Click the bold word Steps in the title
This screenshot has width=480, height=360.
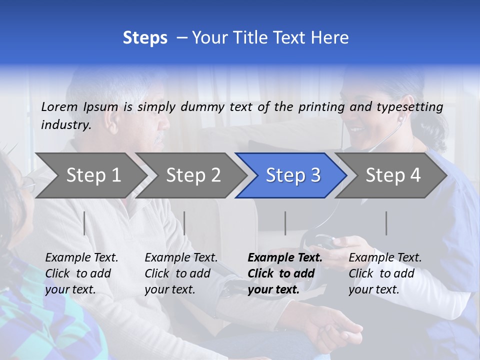tap(145, 37)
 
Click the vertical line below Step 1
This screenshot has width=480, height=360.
tap(84, 223)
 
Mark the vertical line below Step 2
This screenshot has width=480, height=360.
tap(184, 223)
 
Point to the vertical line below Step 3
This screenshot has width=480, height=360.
tap(285, 223)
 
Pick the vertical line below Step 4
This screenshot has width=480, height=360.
tap(386, 223)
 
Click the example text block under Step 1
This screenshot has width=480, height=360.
tap(81, 273)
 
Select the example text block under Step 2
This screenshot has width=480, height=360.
tap(181, 273)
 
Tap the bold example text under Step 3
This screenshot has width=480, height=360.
tap(285, 273)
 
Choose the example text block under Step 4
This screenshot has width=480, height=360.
tap(385, 273)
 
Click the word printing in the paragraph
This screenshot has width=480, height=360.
tap(321, 106)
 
